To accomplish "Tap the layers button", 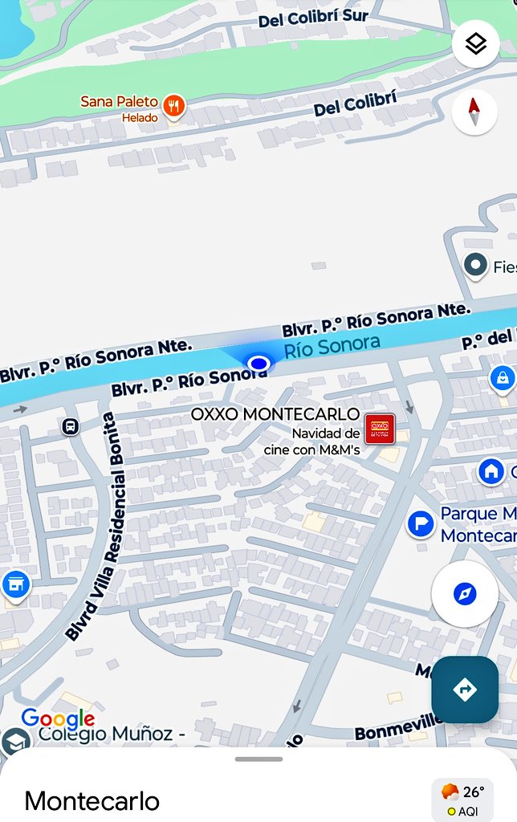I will pos(476,43).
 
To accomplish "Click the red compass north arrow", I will pos(474,112).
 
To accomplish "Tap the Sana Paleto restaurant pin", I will pos(173,105).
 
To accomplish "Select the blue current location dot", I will pos(258,364).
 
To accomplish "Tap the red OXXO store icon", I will pos(379,428).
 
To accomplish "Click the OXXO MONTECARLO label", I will pos(275,414).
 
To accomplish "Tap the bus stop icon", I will pos(71,426).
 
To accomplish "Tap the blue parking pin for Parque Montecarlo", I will pos(421,524).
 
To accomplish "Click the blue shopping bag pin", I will pos(503,377).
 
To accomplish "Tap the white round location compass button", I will pos(465,594).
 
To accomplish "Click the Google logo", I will pos(57,719).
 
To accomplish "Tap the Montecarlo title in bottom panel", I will pos(92,800).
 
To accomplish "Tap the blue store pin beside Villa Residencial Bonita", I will pos(15,584).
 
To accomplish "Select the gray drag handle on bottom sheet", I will pos(258,759).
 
